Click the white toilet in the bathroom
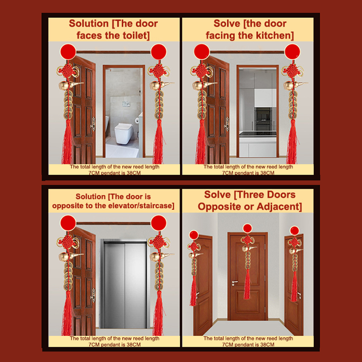pos(124,133)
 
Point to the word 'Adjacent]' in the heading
pos(279,206)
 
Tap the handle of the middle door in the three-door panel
pos(234,282)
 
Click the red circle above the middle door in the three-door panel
pos(248,229)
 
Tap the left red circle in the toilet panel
pos(68,52)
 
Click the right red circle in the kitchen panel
pos(292,52)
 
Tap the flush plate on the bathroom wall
pos(126,104)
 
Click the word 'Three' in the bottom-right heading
pos(251,195)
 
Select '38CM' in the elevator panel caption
pos(133,344)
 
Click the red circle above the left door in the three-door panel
pos(194,235)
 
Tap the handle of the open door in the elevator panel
pos(93,295)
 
